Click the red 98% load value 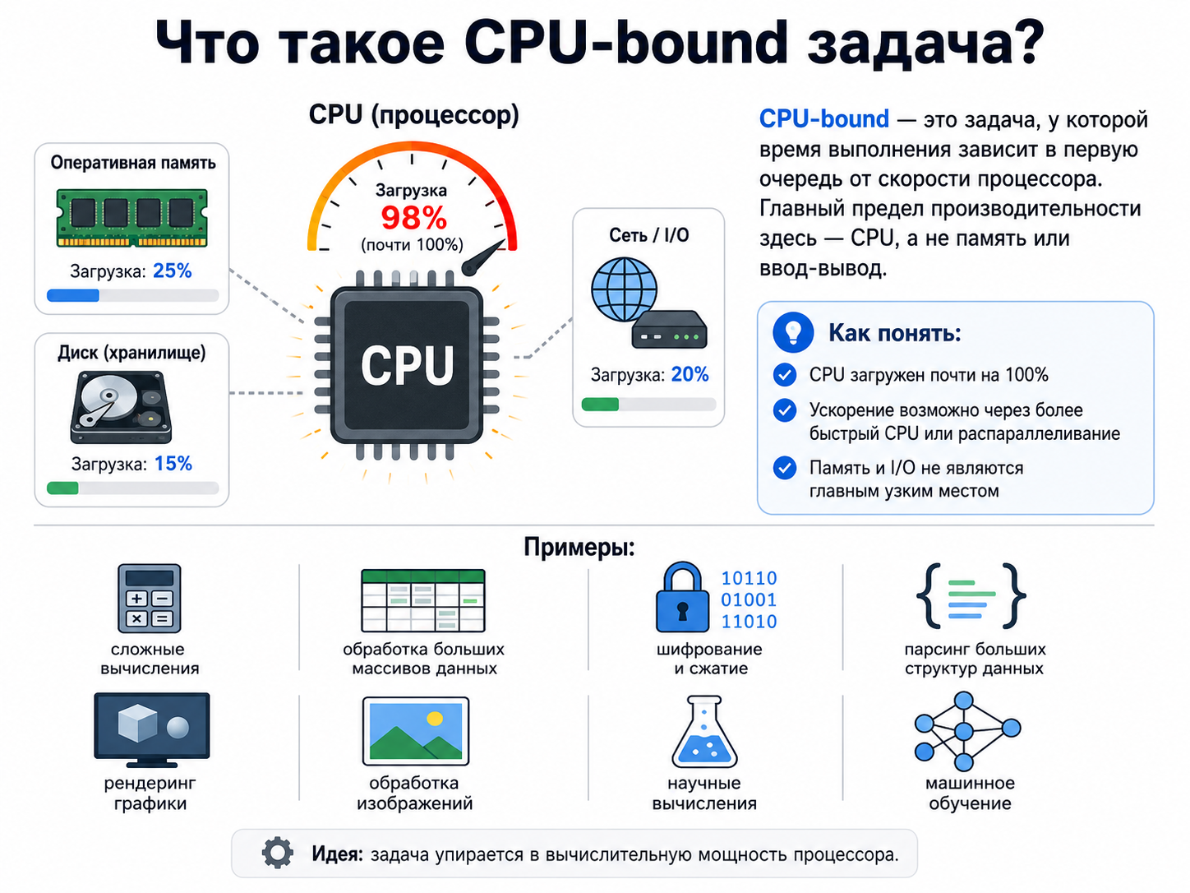coord(413,217)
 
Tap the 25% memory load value coord(173,271)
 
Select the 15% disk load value coord(173,464)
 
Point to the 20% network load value coord(690,374)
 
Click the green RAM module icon coord(131,218)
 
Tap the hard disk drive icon coord(121,407)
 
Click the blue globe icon coord(624,289)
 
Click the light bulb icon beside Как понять coord(793,332)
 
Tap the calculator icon coord(149,598)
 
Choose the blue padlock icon coord(683,597)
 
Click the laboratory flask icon coord(704,732)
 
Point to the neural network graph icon coord(967,731)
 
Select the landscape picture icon coord(415,731)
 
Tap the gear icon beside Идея coord(278,853)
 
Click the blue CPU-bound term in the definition coord(824,118)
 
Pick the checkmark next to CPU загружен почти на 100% coord(785,375)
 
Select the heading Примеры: coord(579,548)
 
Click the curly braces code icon coord(971,596)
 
